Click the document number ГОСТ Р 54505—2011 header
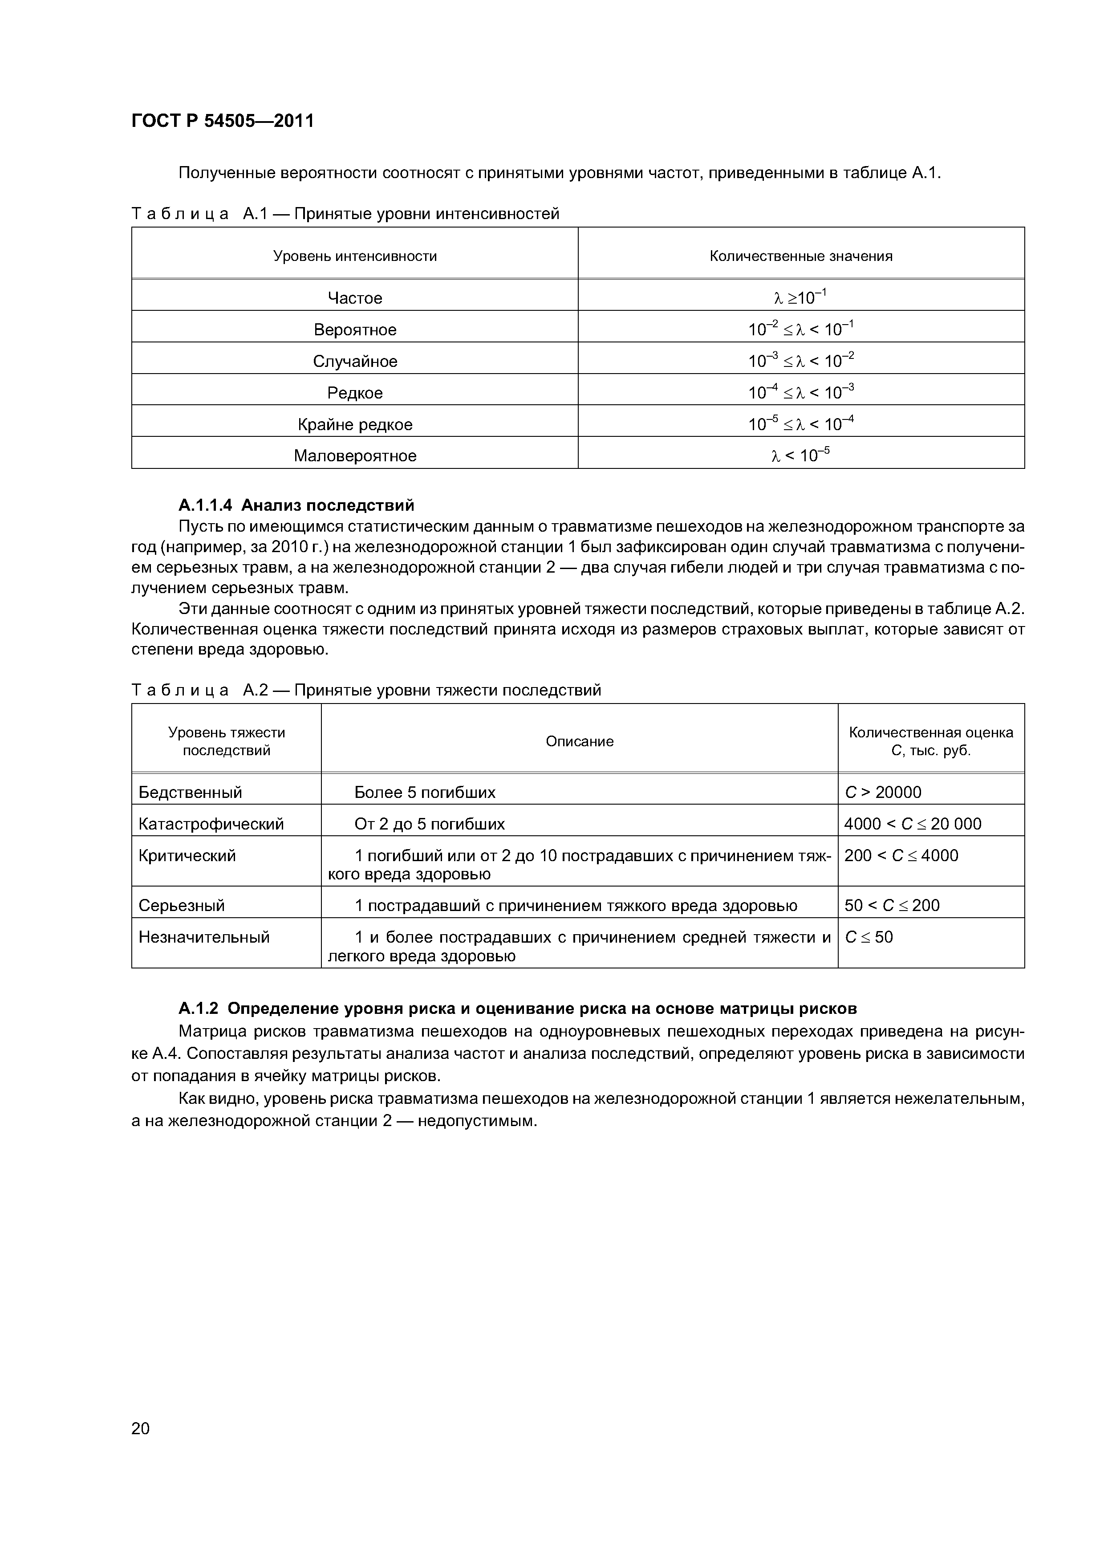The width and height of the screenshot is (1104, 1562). tap(223, 121)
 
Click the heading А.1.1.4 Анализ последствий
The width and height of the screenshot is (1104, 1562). tap(296, 505)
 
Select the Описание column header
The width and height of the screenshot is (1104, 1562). tap(580, 741)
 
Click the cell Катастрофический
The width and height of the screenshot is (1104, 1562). tap(211, 824)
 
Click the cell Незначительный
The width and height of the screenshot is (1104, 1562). tap(204, 937)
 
